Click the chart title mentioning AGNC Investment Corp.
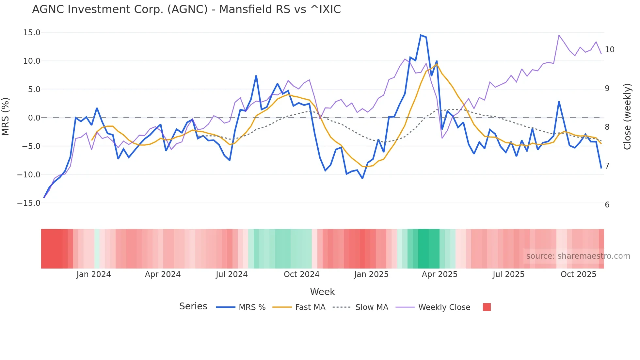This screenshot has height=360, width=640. coord(186,9)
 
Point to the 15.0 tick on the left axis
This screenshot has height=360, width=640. coord(32,33)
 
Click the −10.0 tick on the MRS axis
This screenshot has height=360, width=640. coord(29,175)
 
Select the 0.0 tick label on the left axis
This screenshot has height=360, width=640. coord(34,118)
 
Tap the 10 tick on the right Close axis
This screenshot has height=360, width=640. coord(609,50)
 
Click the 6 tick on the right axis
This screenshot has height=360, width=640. coord(607,205)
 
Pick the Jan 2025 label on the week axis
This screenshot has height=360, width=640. coord(371,274)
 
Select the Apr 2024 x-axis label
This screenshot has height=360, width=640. coord(163,274)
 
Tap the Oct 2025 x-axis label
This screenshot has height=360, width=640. coord(578,274)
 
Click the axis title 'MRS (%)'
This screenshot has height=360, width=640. coord(6,117)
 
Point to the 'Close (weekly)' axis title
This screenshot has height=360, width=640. coord(627,117)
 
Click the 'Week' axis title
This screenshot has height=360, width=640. coord(322,292)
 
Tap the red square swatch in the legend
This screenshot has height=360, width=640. coord(487,307)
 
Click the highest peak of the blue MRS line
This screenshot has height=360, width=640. coord(421,35)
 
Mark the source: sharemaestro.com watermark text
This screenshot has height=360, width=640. coord(578,256)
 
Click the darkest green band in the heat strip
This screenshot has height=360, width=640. coord(423,249)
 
